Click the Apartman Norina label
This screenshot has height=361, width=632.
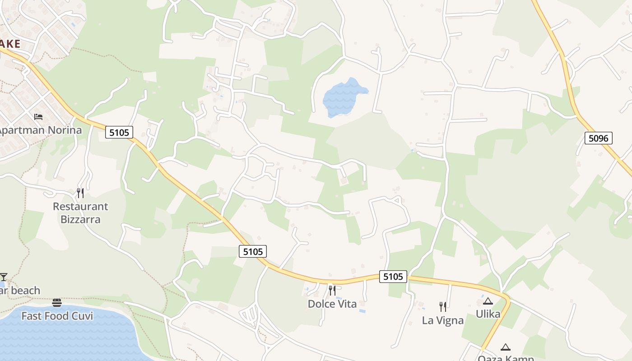pyautogui.click(x=41, y=130)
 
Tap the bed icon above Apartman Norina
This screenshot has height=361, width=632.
pyautogui.click(x=38, y=117)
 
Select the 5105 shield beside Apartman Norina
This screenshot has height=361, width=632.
pyautogui.click(x=119, y=132)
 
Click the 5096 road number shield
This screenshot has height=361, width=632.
pyautogui.click(x=598, y=138)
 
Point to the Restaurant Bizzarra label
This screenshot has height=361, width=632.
pyautogui.click(x=80, y=213)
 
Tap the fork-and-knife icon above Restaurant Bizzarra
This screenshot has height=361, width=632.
pyautogui.click(x=80, y=193)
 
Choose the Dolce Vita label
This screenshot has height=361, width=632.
pyautogui.click(x=332, y=304)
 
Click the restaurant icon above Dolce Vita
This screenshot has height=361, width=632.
pyautogui.click(x=332, y=290)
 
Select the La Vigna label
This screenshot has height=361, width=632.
pyautogui.click(x=442, y=320)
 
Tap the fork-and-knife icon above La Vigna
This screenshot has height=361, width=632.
pyautogui.click(x=443, y=307)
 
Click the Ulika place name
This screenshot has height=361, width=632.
pyautogui.click(x=488, y=314)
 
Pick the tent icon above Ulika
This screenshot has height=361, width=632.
pyautogui.click(x=488, y=301)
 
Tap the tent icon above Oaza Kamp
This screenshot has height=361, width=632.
pyautogui.click(x=506, y=347)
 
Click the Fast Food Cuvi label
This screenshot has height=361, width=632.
pyautogui.click(x=57, y=316)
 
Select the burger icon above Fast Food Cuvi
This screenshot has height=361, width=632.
pyautogui.click(x=57, y=302)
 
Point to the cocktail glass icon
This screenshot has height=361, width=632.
pyautogui.click(x=4, y=277)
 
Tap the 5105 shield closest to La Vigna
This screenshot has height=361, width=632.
pyautogui.click(x=393, y=276)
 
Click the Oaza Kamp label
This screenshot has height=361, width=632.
pyautogui.click(x=506, y=358)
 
